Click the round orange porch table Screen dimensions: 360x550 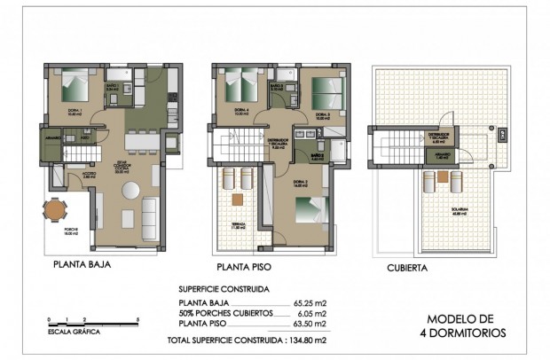tap(56, 211)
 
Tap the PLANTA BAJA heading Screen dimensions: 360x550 tap(81, 264)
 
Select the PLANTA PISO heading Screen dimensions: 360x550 tap(244, 265)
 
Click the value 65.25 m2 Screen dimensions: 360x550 tap(310, 303)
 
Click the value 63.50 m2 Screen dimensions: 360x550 tap(310, 324)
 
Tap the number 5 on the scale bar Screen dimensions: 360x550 tap(138, 317)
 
